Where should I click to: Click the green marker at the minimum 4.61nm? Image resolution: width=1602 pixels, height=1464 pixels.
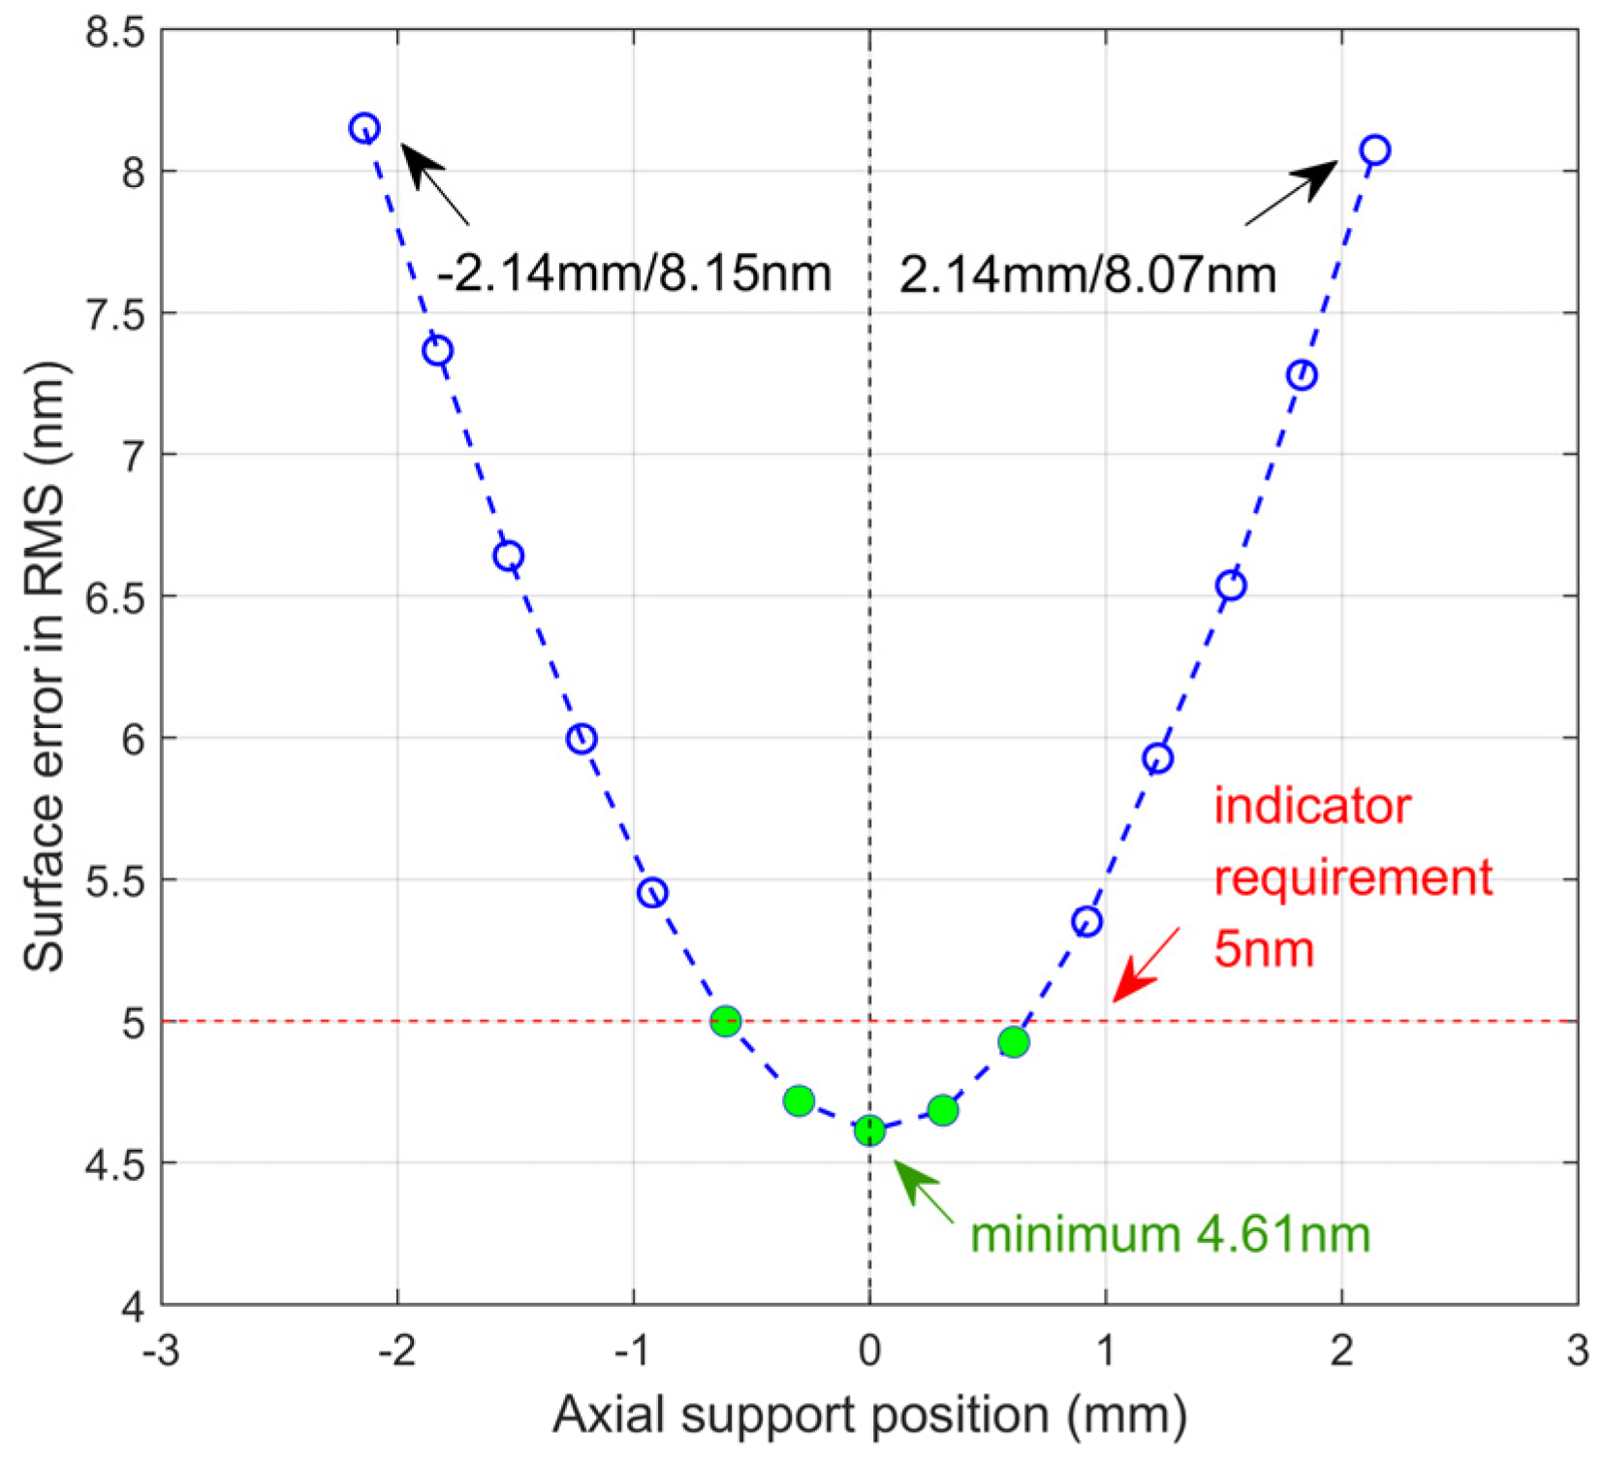(869, 1130)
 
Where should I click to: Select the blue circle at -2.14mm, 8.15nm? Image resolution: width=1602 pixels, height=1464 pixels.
(364, 128)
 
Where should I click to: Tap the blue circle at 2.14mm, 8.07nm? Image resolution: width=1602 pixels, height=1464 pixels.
(1374, 150)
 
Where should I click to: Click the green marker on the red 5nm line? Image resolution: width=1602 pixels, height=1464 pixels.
(726, 1021)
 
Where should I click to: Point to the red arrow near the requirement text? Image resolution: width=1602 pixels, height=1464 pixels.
(1145, 966)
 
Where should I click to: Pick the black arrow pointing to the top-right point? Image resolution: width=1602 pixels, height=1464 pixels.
(1293, 193)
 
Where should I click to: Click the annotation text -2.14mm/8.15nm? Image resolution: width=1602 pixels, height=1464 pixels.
(634, 274)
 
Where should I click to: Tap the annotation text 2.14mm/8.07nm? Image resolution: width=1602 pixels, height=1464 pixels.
(1086, 275)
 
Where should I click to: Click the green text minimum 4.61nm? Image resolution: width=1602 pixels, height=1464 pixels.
(1170, 1235)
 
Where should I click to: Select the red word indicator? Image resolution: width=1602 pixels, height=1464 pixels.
(1311, 807)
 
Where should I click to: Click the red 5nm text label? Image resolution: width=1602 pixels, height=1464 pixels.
(1263, 949)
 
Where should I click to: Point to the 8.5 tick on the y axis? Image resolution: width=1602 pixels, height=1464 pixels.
(114, 32)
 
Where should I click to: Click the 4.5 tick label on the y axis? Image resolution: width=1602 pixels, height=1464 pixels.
(114, 1164)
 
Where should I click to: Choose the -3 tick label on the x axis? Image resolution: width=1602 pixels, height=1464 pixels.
(161, 1351)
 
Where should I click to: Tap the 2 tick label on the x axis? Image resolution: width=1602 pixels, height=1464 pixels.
(1341, 1351)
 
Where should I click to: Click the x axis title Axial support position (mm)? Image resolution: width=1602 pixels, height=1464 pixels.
(869, 1416)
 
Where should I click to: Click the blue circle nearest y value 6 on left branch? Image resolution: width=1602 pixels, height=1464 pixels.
(581, 739)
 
